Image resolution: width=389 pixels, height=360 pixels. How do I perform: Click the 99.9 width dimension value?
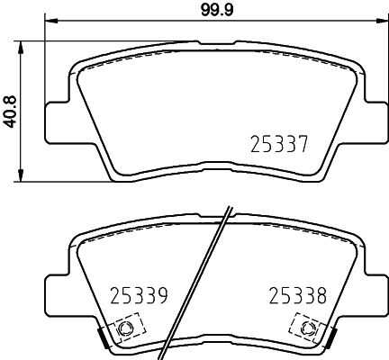tap(217, 10)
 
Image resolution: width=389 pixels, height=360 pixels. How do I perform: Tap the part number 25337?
tap(279, 144)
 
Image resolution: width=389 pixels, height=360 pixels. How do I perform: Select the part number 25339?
tap(139, 295)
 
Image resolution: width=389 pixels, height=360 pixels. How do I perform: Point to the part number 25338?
tap(298, 295)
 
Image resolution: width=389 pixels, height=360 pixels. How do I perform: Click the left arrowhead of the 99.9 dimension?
tap(51, 21)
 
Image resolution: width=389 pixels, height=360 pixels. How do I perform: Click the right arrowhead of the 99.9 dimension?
tap(381, 21)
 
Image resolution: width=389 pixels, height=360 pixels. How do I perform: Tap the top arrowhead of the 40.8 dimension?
tap(21, 48)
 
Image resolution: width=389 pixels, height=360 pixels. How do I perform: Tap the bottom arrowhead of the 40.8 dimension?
tap(21, 175)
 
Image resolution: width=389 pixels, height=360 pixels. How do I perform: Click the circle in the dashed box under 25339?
tap(125, 328)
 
